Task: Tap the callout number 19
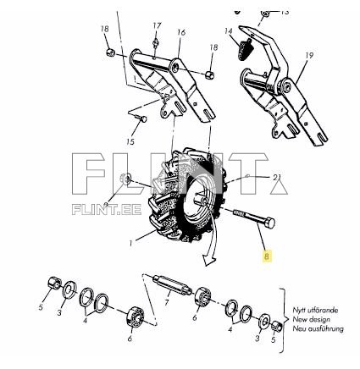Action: (x=309, y=56)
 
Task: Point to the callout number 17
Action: (x=157, y=25)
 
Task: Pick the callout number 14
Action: (x=228, y=31)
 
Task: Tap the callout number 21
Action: (x=276, y=177)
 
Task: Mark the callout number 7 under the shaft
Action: (x=166, y=303)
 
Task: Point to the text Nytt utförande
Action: (x=312, y=311)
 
